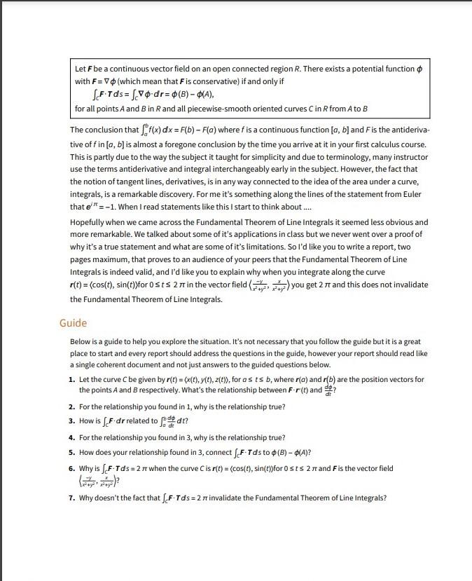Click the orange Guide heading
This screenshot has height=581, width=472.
(74, 323)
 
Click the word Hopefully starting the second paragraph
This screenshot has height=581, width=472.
(89, 222)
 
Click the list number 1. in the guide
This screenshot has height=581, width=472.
(73, 379)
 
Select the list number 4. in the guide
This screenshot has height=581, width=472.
(73, 437)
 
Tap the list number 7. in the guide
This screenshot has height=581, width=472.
(73, 498)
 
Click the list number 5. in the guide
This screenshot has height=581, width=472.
(73, 451)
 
